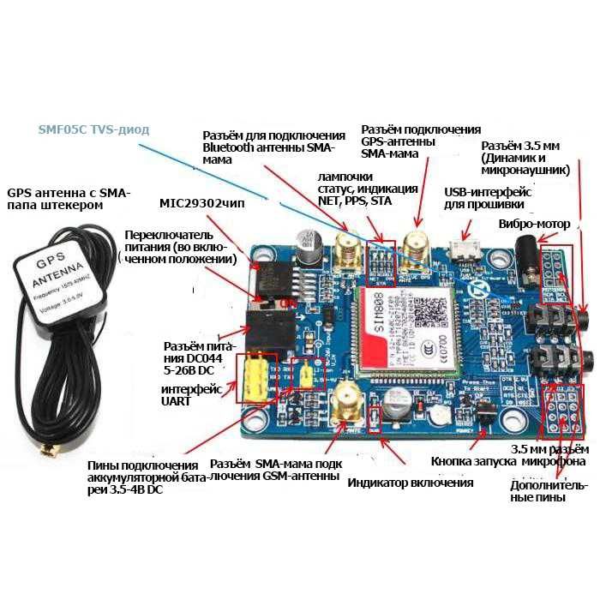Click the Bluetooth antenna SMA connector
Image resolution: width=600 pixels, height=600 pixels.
click(347, 249)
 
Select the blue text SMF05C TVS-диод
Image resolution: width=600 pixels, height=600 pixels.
click(93, 129)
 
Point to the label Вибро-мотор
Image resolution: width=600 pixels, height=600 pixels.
click(533, 224)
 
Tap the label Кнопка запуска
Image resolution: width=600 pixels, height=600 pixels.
click(473, 461)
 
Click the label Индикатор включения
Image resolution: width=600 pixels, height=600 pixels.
click(410, 482)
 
